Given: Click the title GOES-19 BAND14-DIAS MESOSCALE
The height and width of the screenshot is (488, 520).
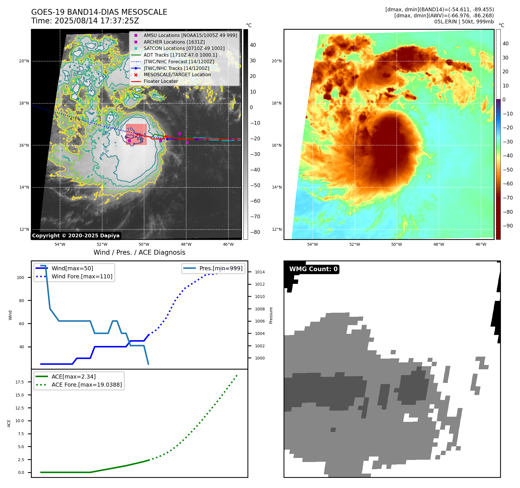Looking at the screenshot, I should point(99,12).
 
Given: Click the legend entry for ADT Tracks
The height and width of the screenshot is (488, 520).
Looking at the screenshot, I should point(180,55).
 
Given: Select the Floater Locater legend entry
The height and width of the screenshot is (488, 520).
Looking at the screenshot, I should point(161,81).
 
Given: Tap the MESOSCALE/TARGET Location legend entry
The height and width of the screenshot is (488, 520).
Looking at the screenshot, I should point(177,75).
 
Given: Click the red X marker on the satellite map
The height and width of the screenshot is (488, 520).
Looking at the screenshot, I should point(166,137).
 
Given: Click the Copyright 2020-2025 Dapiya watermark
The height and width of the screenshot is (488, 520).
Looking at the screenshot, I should point(76,236).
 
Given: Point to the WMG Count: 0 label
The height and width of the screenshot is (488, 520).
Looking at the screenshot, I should point(313,269).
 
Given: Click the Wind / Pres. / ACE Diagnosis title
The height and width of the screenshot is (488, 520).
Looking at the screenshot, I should point(139,252).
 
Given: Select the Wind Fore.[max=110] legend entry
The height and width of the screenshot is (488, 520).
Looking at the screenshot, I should point(82,276).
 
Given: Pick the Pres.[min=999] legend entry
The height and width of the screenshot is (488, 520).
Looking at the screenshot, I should point(221,268).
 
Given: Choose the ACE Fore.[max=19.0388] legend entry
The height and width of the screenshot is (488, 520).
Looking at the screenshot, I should point(87,385).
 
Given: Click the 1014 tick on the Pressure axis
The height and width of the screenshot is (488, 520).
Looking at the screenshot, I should point(260,272).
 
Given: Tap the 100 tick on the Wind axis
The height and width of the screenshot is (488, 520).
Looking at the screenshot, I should point(20,277).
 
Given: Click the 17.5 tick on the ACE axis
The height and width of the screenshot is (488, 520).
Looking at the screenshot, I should point(20,382).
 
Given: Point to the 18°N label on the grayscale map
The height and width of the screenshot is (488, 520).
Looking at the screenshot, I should point(24,103).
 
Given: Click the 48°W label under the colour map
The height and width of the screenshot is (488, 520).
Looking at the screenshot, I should point(439,244).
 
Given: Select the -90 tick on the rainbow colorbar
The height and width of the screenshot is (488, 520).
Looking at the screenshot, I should point(508,226).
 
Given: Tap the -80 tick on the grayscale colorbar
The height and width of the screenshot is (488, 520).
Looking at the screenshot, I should point(255,232).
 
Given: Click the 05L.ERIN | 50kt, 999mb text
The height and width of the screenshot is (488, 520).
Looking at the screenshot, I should point(464,22).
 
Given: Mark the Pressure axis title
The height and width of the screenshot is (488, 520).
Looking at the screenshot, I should point(271,315).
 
